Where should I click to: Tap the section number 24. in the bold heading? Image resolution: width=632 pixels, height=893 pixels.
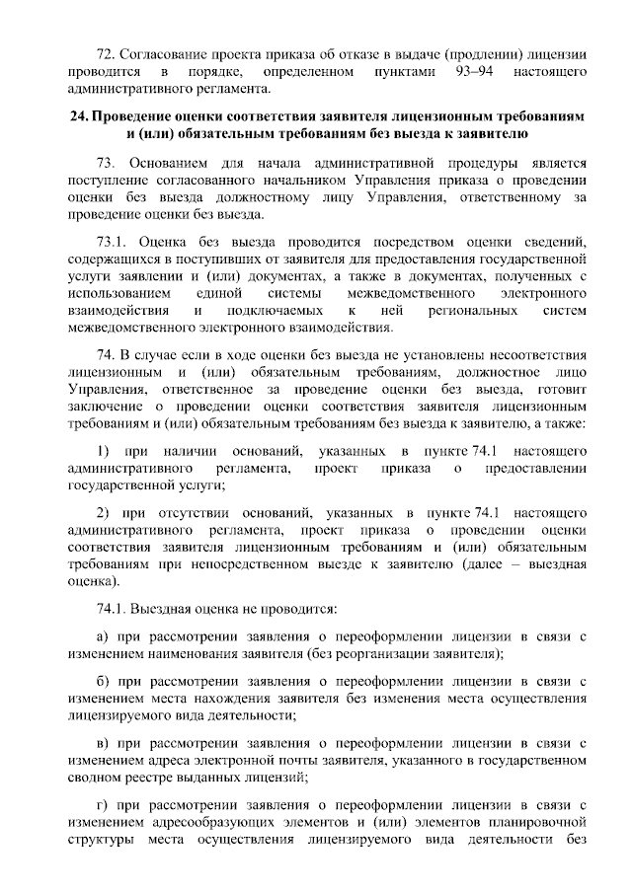tap(80, 115)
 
